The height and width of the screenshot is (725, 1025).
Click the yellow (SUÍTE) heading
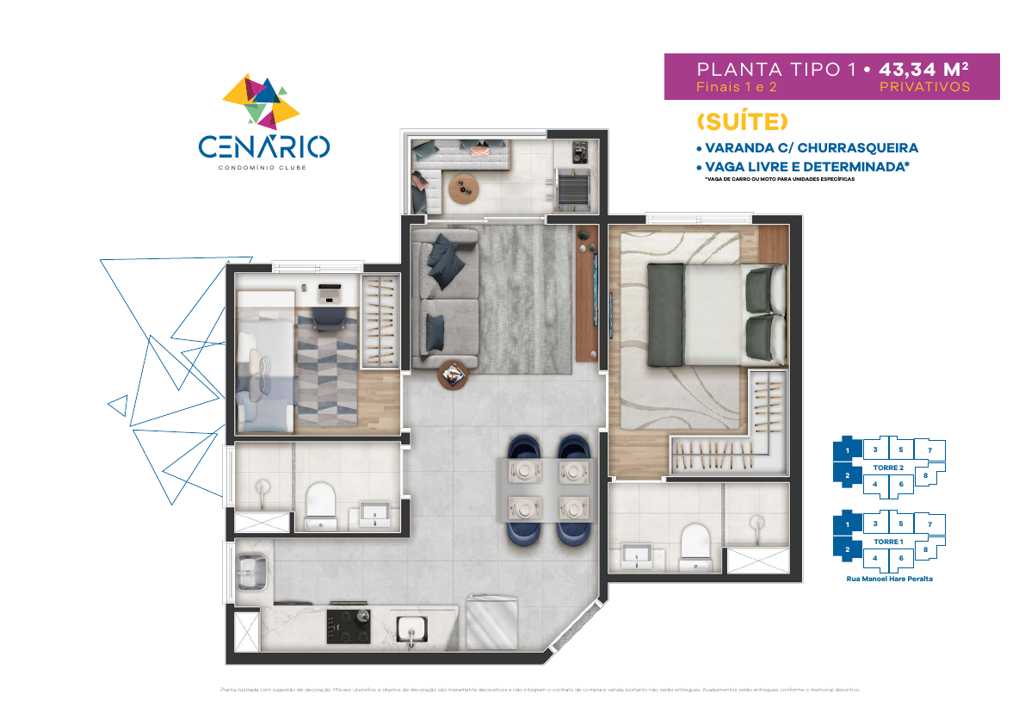pos(741,121)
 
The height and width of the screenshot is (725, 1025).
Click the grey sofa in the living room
pos(444,297)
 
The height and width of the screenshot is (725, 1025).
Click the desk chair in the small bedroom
pos(327,316)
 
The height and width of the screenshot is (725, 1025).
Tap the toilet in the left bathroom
pos(319,504)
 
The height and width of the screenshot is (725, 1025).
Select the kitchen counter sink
pos(411,629)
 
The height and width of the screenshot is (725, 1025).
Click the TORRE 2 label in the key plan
pos(887,467)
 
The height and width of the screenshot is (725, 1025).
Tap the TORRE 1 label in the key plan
pos(887,541)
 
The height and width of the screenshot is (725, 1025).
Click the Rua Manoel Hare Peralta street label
pos(889,579)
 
